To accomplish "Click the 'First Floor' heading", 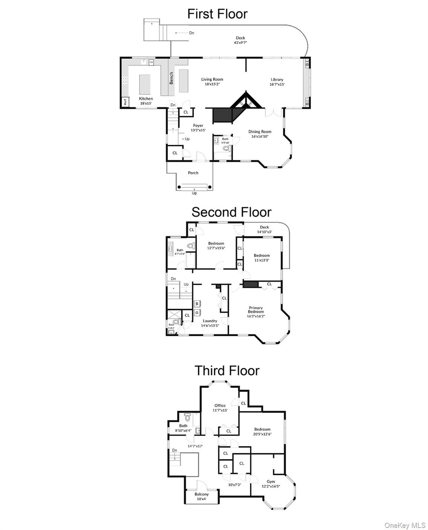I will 217,14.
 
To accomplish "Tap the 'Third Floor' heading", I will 227,371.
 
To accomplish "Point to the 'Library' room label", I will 277,79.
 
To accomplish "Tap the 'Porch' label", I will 193,173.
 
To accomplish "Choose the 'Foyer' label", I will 198,125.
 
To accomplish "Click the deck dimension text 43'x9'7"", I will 240,43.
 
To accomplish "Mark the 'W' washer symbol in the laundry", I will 197,303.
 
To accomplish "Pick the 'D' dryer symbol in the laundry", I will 197,312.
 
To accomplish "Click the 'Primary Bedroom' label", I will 255,310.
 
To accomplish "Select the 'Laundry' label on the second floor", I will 210,321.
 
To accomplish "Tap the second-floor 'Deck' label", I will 264,227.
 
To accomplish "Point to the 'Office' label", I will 220,405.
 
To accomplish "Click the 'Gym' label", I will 270,481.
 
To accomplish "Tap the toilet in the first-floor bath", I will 227,149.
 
